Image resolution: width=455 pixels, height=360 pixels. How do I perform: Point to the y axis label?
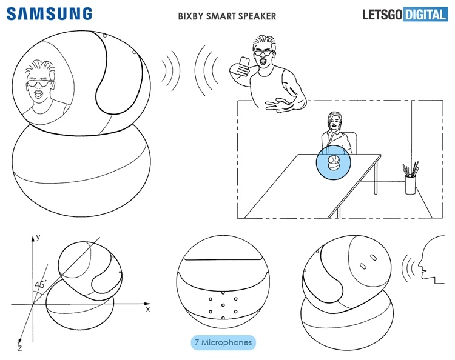click(37, 238)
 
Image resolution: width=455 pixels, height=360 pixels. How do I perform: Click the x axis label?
click(147, 309)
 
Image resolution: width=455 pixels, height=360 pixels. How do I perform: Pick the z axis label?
click(19, 349)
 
